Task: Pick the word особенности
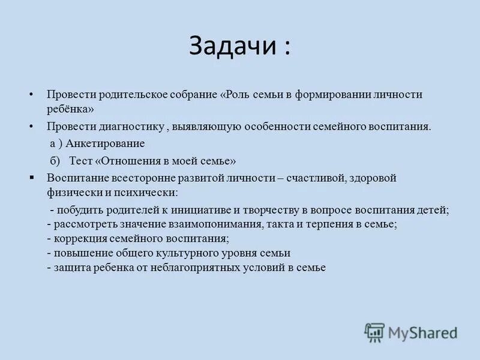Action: [x=274, y=127]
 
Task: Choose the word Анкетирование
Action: [x=105, y=144]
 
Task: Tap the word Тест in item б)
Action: [x=80, y=161]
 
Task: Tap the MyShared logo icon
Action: [x=374, y=332]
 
